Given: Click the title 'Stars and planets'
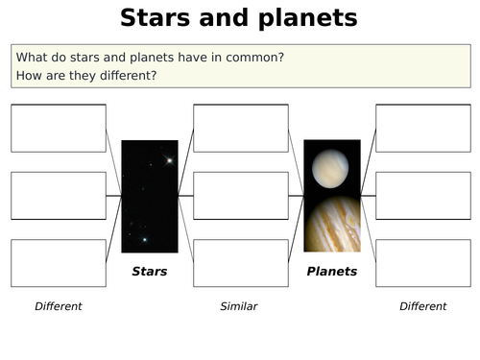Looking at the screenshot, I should [x=239, y=18].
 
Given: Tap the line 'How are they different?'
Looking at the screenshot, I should [x=86, y=75].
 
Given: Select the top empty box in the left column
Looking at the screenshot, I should [x=59, y=129].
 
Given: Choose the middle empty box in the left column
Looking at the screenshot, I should [x=59, y=196].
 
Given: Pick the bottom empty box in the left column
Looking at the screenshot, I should [x=59, y=263].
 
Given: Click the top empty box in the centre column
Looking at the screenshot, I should [x=241, y=129].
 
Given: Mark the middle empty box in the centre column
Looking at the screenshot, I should [x=241, y=196].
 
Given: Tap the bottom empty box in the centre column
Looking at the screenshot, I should [x=241, y=263].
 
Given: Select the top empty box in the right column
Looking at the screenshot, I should [x=423, y=129].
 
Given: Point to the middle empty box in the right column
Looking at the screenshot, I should [x=423, y=196].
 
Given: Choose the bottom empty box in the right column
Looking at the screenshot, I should [x=423, y=263].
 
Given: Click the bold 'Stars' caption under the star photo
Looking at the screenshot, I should [x=150, y=272].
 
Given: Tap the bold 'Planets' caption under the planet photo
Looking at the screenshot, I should [x=332, y=272].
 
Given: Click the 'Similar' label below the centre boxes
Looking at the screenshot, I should [x=239, y=306].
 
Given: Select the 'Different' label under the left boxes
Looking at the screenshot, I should [x=59, y=306].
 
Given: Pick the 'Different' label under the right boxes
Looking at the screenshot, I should [x=423, y=306].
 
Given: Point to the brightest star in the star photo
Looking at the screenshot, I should [x=169, y=160].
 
